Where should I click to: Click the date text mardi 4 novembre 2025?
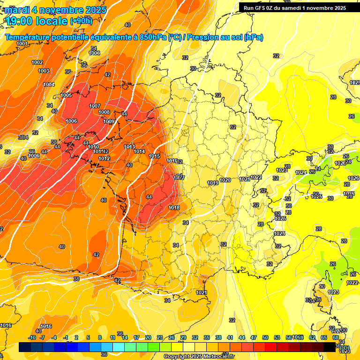(x=56, y=10)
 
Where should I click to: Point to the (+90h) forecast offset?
(x=81, y=21)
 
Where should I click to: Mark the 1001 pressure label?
(x=22, y=44)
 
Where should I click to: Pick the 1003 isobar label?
(x=44, y=71)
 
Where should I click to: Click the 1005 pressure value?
(x=66, y=96)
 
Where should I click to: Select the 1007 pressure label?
(x=95, y=106)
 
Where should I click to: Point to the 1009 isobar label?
(x=109, y=122)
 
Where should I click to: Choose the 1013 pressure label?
(x=130, y=147)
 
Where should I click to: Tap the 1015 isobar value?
(x=154, y=157)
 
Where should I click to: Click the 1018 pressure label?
(x=174, y=208)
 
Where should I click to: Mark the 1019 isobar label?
(x=213, y=183)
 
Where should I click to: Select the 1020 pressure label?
(x=225, y=180)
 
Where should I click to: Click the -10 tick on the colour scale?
(x=32, y=338)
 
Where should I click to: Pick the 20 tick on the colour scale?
(x=148, y=338)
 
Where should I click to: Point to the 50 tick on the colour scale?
(x=265, y=338)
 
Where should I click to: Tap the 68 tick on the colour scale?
(x=336, y=338)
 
